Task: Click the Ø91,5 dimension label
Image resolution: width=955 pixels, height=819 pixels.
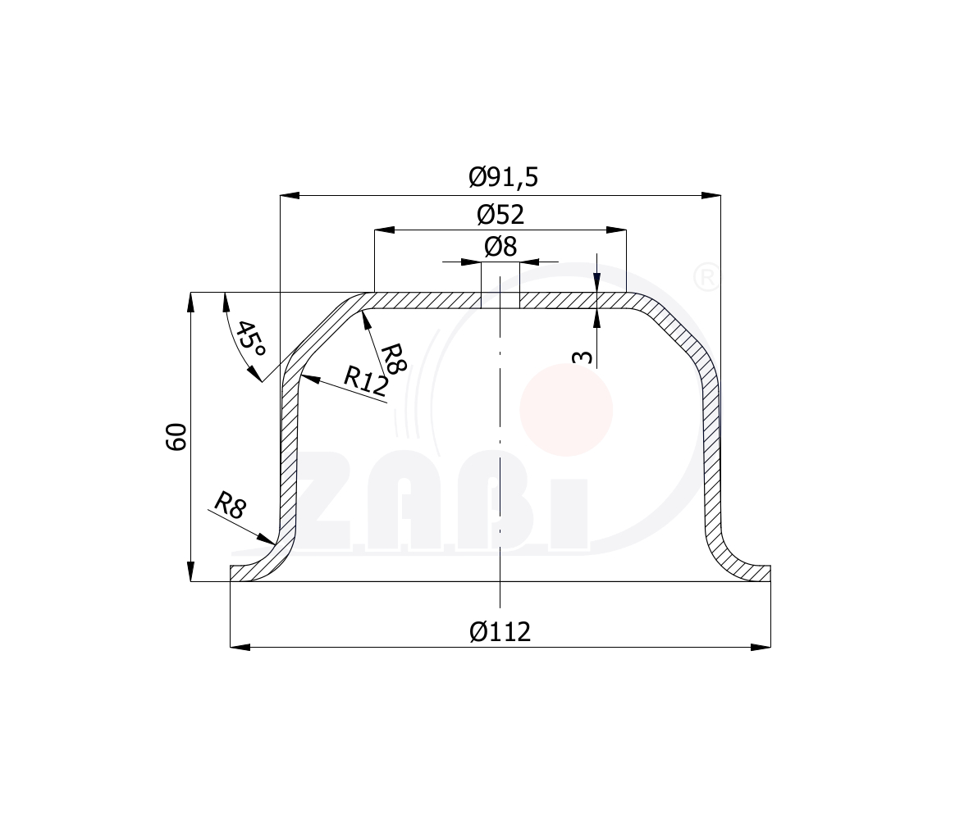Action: pyautogui.click(x=503, y=177)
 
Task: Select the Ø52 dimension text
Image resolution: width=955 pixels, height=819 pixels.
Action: pyautogui.click(x=500, y=214)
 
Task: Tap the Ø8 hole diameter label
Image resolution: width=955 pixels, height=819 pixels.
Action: pyautogui.click(x=500, y=247)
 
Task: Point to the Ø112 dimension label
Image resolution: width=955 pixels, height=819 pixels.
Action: pyautogui.click(x=500, y=631)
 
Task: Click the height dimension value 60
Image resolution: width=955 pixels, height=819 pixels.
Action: pyautogui.click(x=176, y=437)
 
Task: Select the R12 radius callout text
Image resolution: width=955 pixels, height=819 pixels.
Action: pyautogui.click(x=365, y=381)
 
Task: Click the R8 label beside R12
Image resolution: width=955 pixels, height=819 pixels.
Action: pyautogui.click(x=393, y=358)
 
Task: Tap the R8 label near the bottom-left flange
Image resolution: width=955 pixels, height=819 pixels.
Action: pyautogui.click(x=231, y=505)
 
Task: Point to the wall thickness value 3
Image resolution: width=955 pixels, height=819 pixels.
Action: pyautogui.click(x=583, y=357)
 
